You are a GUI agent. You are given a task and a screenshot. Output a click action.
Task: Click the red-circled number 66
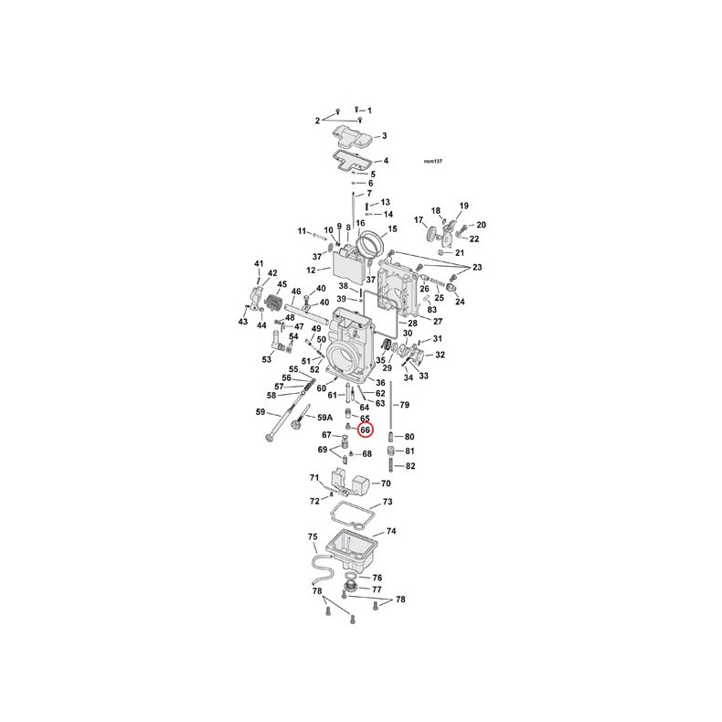[x=366, y=430]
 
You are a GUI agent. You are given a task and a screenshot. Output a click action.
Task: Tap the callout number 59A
[x=324, y=418]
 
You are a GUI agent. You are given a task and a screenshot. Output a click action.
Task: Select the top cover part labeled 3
[x=353, y=135]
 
